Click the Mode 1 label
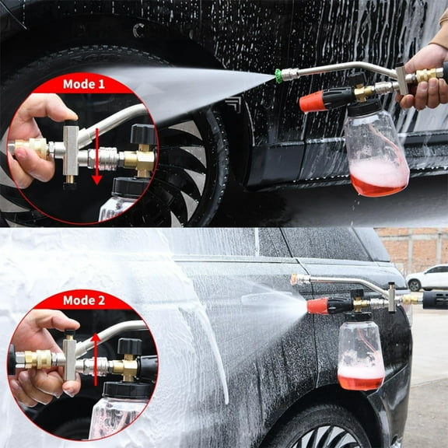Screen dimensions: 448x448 (x=84, y=83)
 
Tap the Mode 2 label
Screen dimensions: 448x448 (x=83, y=300)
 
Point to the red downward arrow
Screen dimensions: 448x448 (x=96, y=159)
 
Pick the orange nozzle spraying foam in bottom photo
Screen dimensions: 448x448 (x=317, y=306)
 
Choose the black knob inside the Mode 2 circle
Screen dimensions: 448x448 (x=128, y=345)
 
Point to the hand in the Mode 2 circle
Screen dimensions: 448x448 (x=39, y=342)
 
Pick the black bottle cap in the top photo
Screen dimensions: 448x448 (x=365, y=107)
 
